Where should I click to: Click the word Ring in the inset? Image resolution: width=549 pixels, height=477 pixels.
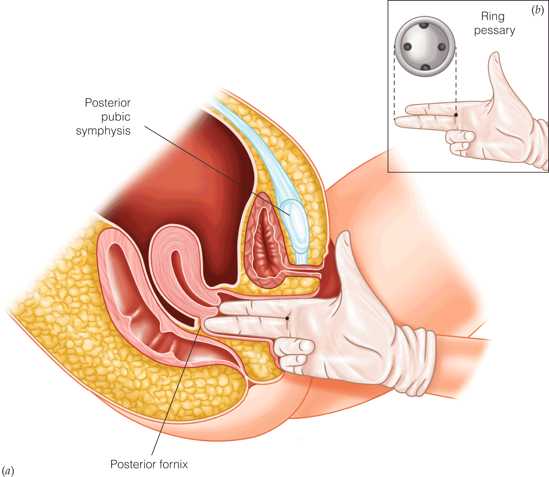point(493,16)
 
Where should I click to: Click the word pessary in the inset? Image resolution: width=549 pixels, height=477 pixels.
point(494,31)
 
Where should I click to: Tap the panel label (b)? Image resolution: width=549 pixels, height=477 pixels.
point(537,10)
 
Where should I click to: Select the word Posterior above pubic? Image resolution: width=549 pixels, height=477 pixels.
point(107,103)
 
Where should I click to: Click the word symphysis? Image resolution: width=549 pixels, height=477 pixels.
point(103,131)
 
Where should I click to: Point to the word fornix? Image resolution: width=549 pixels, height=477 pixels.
point(173,464)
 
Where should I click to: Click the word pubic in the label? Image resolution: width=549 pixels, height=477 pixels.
point(116,117)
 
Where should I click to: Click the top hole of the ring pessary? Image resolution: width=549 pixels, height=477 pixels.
point(424,25)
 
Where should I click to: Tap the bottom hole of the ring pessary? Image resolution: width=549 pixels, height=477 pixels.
point(425,67)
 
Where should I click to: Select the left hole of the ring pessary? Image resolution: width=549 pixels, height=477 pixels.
point(407,47)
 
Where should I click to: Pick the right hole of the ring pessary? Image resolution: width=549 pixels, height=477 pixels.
point(442,47)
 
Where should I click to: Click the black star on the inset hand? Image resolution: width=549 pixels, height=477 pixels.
point(456,115)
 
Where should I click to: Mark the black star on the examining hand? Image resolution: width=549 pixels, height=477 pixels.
point(287,318)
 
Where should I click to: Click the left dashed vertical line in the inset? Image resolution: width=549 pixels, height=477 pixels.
point(395,84)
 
